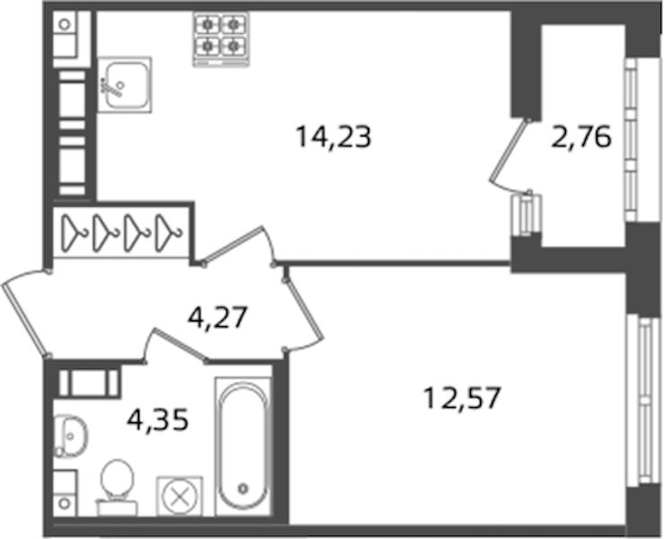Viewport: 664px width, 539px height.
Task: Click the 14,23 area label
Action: click(333, 137)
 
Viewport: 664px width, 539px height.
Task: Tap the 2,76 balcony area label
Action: click(581, 137)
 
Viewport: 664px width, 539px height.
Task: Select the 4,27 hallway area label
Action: click(217, 318)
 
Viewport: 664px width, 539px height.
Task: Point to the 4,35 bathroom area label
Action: click(158, 420)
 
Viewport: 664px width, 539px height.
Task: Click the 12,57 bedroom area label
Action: click(462, 398)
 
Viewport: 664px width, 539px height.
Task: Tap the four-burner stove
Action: click(221, 39)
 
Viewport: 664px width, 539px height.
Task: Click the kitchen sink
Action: click(125, 84)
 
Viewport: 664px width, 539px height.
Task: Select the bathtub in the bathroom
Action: click(243, 446)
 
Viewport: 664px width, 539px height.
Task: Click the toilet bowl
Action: click(117, 487)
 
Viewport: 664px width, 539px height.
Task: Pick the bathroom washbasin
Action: click(70, 436)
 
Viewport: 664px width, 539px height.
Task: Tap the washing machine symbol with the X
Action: click(180, 496)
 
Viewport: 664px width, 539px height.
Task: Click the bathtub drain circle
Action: click(243, 489)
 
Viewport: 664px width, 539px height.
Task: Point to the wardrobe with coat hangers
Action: click(121, 232)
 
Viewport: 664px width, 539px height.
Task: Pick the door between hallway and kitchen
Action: click(234, 245)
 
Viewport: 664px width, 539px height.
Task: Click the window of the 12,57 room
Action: click(643, 399)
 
